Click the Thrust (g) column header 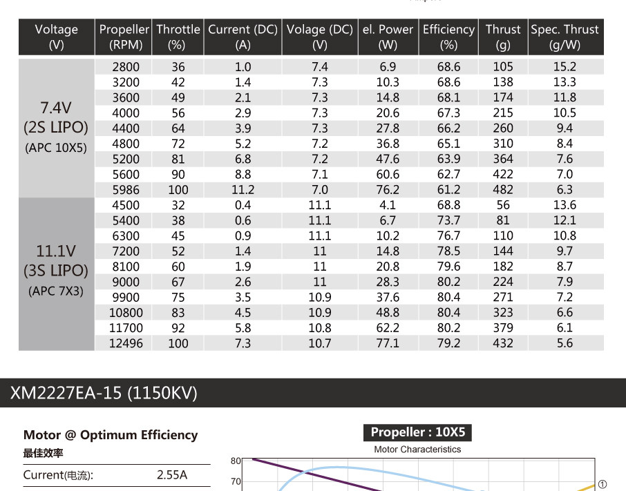pyautogui.click(x=502, y=37)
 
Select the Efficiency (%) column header pyautogui.click(x=448, y=37)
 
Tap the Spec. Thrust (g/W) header pyautogui.click(x=565, y=37)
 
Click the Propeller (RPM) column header pyautogui.click(x=124, y=37)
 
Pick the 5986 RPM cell pyautogui.click(x=125, y=190)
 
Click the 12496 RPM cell pyautogui.click(x=124, y=343)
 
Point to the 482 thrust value pyautogui.click(x=503, y=190)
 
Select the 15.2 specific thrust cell pyautogui.click(x=565, y=67)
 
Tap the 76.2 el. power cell pyautogui.click(x=388, y=190)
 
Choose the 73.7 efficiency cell pyautogui.click(x=448, y=220)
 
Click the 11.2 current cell pyautogui.click(x=243, y=190)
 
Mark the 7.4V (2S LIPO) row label pyautogui.click(x=56, y=118)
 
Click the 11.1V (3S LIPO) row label pyautogui.click(x=56, y=260)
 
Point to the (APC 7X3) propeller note pyautogui.click(x=56, y=291)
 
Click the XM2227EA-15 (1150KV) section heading pyautogui.click(x=104, y=393)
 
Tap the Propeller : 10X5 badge pyautogui.click(x=418, y=433)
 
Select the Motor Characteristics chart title pyautogui.click(x=417, y=450)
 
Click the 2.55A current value pyautogui.click(x=172, y=475)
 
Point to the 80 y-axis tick pyautogui.click(x=236, y=461)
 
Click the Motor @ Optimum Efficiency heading pyautogui.click(x=111, y=435)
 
